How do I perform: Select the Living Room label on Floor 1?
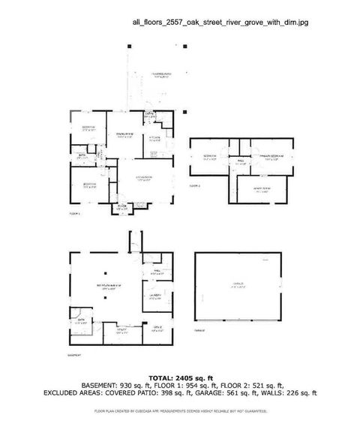point(144,177)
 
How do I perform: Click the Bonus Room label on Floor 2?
point(262,190)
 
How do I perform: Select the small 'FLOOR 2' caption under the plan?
point(195,185)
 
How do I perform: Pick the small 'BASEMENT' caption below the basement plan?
point(76,356)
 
